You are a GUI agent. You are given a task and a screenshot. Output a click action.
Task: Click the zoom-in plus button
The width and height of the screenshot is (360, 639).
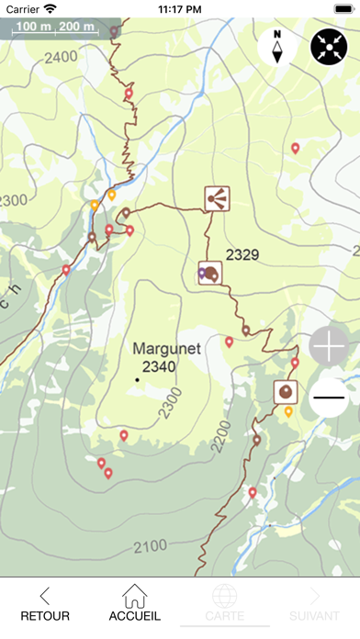pyautogui.click(x=329, y=345)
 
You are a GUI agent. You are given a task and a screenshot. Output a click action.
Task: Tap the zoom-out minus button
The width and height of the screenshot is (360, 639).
pyautogui.click(x=329, y=398)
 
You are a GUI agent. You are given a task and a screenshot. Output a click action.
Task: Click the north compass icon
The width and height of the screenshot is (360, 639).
pyautogui.click(x=276, y=47)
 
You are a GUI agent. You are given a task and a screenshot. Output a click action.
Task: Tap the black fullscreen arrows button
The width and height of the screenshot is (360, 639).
pyautogui.click(x=329, y=47)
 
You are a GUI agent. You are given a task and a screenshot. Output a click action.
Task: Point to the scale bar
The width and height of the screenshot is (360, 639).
pyautogui.click(x=53, y=28)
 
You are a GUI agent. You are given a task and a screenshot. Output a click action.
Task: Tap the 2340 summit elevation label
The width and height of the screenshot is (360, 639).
pyautogui.click(x=159, y=366)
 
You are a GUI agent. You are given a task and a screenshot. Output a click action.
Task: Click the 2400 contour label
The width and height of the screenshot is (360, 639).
pyautogui.click(x=61, y=57)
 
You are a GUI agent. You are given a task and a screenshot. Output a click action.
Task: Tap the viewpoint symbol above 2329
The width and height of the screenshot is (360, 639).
pyautogui.click(x=218, y=197)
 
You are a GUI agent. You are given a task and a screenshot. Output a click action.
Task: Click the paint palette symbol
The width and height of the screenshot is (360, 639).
pyautogui.click(x=210, y=273)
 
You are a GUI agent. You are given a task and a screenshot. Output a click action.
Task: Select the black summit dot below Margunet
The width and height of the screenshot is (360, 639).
pyautogui.click(x=138, y=379)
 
